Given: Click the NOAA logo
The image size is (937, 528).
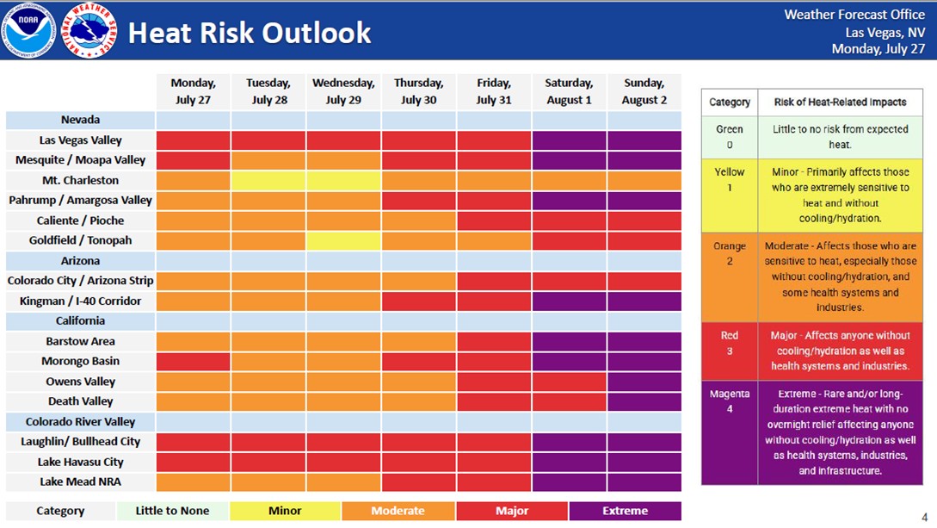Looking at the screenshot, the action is [28, 30].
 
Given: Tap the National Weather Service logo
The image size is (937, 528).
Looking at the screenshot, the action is [89, 30].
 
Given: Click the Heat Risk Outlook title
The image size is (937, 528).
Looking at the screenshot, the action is [250, 32].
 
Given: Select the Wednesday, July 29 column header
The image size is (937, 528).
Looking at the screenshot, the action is [343, 91].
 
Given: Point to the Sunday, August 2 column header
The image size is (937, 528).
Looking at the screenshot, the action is [644, 91].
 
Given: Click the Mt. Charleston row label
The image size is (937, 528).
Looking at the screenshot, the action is [80, 180].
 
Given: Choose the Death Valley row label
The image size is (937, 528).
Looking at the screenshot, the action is [80, 401].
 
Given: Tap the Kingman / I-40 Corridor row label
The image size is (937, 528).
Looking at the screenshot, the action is [80, 301].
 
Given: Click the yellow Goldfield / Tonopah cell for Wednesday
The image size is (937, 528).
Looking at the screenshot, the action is [343, 240].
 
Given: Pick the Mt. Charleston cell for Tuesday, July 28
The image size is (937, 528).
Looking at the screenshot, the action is [268, 181].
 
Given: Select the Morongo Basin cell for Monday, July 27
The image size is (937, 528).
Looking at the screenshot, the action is [193, 361].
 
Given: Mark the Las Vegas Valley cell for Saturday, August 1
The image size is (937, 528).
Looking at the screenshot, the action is [569, 140].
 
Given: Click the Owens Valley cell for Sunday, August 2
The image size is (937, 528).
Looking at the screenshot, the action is [644, 382].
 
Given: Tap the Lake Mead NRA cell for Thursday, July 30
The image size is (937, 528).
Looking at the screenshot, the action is [418, 482].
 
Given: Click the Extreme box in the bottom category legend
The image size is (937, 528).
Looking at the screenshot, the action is [625, 511].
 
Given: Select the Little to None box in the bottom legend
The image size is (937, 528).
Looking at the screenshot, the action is [172, 511].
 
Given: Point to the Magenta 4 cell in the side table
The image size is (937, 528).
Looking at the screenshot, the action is [730, 432].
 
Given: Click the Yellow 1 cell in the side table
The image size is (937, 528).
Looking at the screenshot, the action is [730, 196].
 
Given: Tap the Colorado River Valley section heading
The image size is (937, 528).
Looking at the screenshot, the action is [80, 421].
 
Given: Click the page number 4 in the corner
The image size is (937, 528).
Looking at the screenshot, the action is [924, 518].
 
